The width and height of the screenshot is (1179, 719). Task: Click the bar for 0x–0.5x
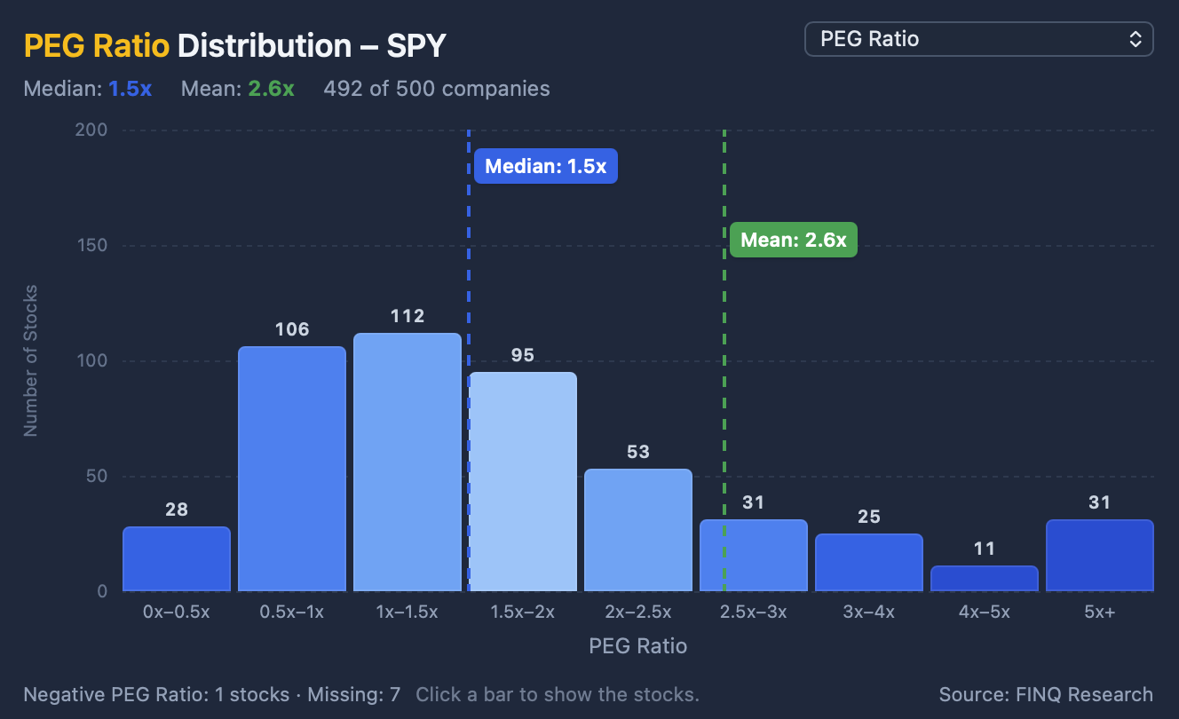coord(177,558)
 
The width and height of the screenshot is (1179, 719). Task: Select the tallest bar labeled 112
coord(408,462)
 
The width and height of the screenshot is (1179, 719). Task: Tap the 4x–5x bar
coord(985,579)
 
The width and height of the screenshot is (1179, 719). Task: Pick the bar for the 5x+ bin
coord(1100,556)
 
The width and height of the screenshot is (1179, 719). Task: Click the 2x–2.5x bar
coord(638,530)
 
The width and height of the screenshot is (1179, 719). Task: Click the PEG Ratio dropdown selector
coord(979,39)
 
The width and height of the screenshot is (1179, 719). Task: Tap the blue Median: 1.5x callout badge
coord(546,166)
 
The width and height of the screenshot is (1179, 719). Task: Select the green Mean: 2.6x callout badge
coord(793,240)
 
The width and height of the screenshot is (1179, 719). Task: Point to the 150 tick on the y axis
coord(92,245)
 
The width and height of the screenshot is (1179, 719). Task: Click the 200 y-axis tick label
coord(91,130)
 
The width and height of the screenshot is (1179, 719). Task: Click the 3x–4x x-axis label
coord(869,612)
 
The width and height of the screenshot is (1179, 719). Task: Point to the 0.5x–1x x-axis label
coord(291,612)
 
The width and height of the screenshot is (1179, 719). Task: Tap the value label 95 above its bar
coord(523,355)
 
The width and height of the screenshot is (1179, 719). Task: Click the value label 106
coord(292,329)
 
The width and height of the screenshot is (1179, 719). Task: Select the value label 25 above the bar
coord(869,517)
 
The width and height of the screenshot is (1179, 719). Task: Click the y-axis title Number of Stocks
coord(30,360)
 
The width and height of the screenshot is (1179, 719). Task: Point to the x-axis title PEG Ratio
coord(638,646)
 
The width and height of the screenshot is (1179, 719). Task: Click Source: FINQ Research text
coord(1046,695)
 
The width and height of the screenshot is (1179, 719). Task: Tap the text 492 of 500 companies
coord(437,89)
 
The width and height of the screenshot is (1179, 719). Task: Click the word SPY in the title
coord(416,46)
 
